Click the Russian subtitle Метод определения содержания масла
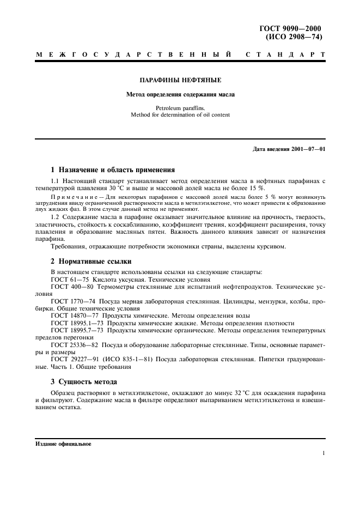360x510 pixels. (180, 94)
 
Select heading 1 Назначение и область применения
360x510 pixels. (112, 170)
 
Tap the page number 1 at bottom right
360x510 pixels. (324, 453)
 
